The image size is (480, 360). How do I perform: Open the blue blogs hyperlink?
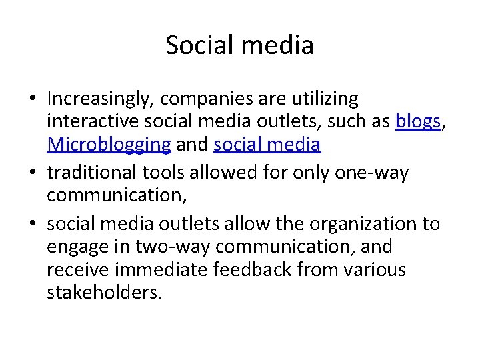[x=417, y=122]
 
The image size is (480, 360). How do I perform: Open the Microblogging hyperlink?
[x=109, y=143]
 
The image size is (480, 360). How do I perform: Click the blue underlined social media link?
[x=267, y=143]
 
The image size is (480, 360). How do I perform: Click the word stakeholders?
[x=103, y=291]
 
